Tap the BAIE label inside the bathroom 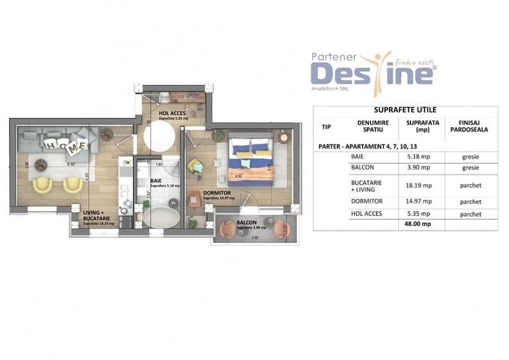coord(155,181)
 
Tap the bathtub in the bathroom coord(161,215)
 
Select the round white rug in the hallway coord(159,136)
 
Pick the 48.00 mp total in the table coord(419,224)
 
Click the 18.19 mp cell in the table coord(419,185)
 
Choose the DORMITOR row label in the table coord(366,201)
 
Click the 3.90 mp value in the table coord(419,168)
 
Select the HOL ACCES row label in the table coord(367,213)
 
